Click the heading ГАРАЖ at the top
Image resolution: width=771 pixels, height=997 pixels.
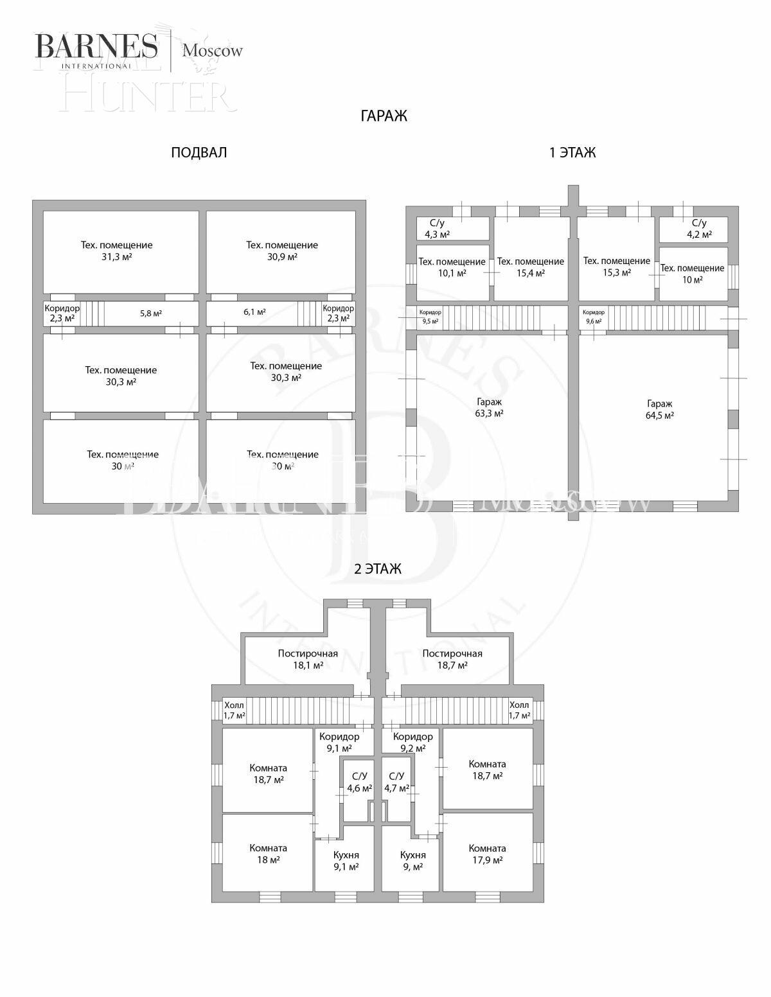pyautogui.click(x=384, y=116)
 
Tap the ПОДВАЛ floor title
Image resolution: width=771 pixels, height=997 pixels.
pyautogui.click(x=199, y=153)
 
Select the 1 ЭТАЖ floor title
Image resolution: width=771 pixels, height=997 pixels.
pyautogui.click(x=572, y=153)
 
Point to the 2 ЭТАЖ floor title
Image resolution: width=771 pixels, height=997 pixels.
pyautogui.click(x=378, y=569)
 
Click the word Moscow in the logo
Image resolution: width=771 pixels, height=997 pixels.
pyautogui.click(x=213, y=51)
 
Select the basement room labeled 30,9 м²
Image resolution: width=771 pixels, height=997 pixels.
pyautogui.click(x=281, y=251)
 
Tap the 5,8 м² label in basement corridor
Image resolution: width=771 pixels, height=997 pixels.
pyautogui.click(x=151, y=313)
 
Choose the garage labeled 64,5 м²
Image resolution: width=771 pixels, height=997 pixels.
pyautogui.click(x=660, y=409)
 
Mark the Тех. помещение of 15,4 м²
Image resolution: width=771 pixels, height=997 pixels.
pyautogui.click(x=531, y=267)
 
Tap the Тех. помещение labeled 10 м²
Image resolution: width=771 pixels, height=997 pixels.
pyautogui.click(x=692, y=274)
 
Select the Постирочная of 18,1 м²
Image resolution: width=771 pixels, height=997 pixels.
pyautogui.click(x=308, y=659)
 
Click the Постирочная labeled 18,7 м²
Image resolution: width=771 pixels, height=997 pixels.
pyautogui.click(x=452, y=659)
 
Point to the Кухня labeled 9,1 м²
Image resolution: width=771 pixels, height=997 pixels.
pyautogui.click(x=346, y=861)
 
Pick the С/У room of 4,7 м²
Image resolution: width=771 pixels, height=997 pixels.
pyautogui.click(x=396, y=782)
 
